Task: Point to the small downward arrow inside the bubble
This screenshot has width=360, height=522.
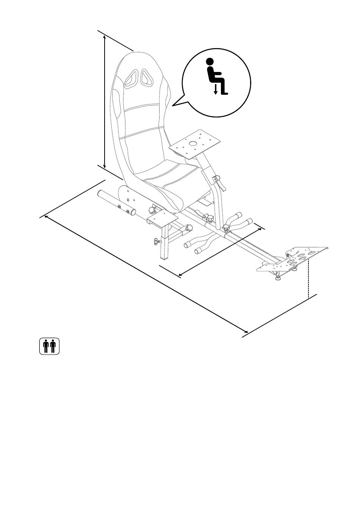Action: click(216, 89)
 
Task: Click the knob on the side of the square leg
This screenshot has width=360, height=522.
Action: click(157, 241)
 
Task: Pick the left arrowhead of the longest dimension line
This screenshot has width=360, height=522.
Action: click(46, 217)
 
